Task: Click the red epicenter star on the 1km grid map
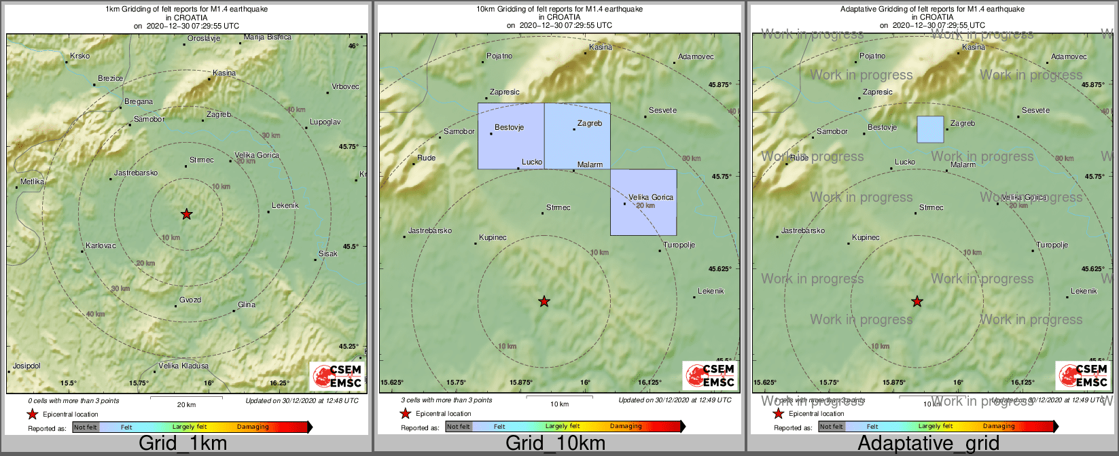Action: click(187, 214)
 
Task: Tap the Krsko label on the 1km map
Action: click(79, 56)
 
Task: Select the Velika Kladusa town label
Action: click(183, 366)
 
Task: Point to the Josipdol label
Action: click(26, 366)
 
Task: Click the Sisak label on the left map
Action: click(328, 253)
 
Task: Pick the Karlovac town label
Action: click(101, 245)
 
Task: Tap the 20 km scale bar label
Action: click(186, 404)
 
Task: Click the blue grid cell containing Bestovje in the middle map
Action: click(511, 136)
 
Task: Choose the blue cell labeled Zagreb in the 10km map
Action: click(577, 136)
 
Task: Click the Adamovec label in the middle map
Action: click(696, 56)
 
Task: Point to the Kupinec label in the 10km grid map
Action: click(493, 238)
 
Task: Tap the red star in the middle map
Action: click(544, 301)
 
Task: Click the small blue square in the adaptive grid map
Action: click(930, 129)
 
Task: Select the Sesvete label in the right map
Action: click(1035, 110)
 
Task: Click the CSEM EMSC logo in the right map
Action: click(1083, 376)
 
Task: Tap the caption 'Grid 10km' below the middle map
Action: click(555, 444)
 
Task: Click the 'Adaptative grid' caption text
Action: click(928, 444)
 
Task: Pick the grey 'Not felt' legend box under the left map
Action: click(86, 427)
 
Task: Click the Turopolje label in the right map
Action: click(1052, 245)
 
